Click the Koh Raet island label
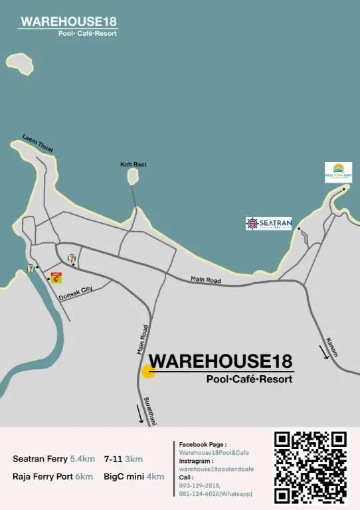[x=133, y=164]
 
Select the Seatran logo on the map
[x=269, y=224]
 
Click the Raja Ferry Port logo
[x=338, y=172]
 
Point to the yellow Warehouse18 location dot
[x=148, y=371]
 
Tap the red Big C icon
[x=56, y=278]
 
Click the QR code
[x=311, y=467]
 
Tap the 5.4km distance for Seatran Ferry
[x=82, y=459]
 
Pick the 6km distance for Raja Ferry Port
[x=84, y=477]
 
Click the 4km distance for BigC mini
[x=155, y=477]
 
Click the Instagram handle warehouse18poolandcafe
[x=216, y=469]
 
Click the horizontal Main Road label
[x=205, y=280]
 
